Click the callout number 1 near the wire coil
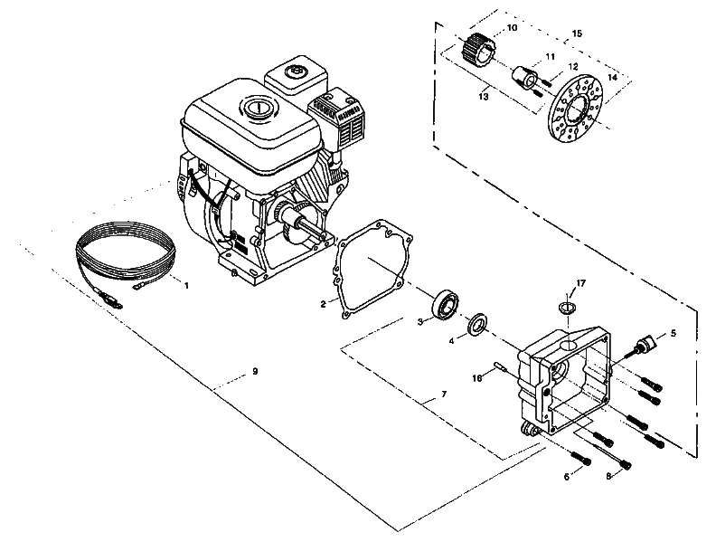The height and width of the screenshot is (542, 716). (x=186, y=286)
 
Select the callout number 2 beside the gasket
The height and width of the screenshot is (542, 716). (x=323, y=303)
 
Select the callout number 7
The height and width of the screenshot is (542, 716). (x=443, y=395)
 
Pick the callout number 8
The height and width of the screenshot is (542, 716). (x=608, y=476)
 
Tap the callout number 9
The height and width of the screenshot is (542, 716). (x=255, y=372)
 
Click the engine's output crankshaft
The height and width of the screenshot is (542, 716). (x=312, y=231)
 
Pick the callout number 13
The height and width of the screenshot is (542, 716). (x=484, y=94)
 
